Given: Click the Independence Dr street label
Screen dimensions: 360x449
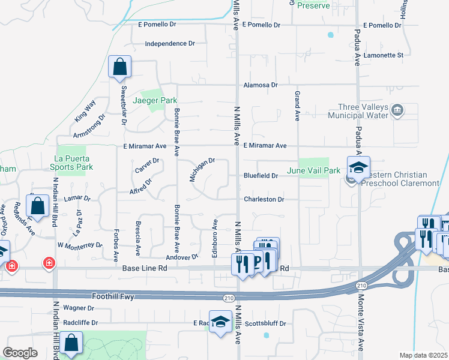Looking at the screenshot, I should [170, 44].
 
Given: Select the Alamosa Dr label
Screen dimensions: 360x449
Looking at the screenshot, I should [261, 85].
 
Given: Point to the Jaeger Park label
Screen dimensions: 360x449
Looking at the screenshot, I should [151, 100].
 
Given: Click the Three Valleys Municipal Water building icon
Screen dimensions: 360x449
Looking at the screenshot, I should [397, 110].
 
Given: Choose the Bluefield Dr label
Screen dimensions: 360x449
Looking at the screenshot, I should [261, 176].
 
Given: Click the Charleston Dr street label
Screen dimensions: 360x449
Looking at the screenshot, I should [263, 199].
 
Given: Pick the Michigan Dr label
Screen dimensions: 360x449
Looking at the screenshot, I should [202, 170].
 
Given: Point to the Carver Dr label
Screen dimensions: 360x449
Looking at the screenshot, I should [147, 166].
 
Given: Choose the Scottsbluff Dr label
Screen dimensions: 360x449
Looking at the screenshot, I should [265, 323].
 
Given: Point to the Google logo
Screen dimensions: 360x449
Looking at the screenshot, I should [20, 352].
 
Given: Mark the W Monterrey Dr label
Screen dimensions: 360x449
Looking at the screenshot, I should [80, 245].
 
